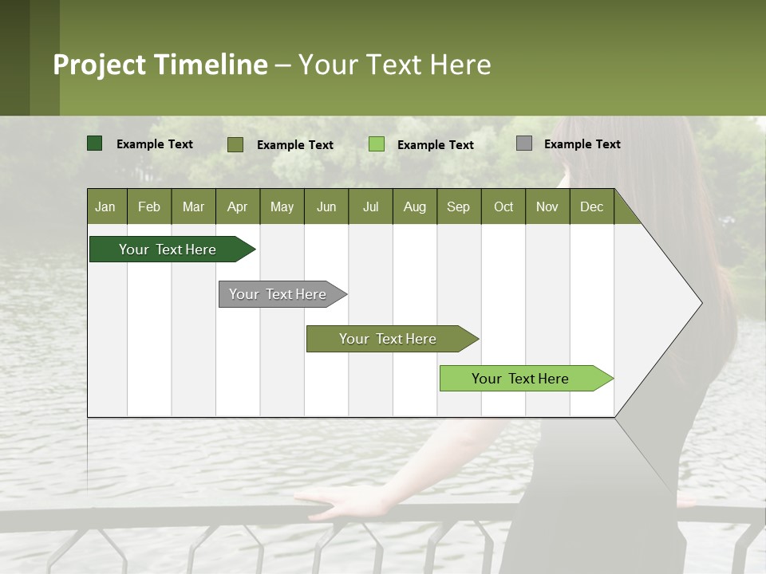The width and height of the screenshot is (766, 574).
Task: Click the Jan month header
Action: [x=105, y=206]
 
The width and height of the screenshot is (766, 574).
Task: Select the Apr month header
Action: [x=237, y=206]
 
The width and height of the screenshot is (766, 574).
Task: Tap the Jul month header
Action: [x=370, y=206]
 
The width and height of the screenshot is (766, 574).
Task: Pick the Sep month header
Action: [x=458, y=206]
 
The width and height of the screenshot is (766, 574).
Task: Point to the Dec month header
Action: [x=591, y=206]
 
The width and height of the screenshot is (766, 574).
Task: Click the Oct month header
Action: [x=503, y=206]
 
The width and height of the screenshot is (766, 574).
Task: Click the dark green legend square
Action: [x=94, y=143]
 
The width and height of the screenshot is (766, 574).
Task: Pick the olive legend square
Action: [x=235, y=144]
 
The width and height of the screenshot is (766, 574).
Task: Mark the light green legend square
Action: [x=377, y=144]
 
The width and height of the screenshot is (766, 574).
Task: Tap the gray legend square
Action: [x=524, y=143]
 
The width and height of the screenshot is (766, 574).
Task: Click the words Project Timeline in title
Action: [x=160, y=65]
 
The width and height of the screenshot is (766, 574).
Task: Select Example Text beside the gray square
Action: [x=582, y=144]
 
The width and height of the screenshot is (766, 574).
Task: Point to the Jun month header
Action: [x=326, y=206]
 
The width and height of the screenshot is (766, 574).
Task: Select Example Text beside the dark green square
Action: [x=155, y=144]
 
